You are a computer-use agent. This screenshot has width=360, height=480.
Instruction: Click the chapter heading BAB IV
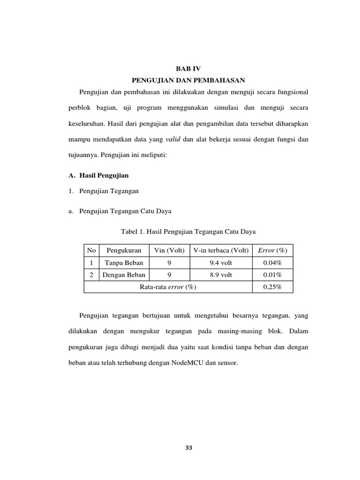[188, 68]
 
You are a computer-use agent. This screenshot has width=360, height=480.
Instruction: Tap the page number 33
[188, 448]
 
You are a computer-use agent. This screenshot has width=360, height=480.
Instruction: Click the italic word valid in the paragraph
[173, 139]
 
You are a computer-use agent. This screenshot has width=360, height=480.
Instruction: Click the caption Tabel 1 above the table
[188, 232]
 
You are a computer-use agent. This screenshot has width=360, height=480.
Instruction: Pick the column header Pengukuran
[124, 250]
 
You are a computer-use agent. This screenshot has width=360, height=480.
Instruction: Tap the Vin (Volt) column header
[169, 250]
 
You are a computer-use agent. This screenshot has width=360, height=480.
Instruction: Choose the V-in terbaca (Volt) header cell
[220, 250]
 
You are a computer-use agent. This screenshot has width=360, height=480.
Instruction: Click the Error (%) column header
[272, 250]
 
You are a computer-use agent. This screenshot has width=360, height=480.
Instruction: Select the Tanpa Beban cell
[124, 262]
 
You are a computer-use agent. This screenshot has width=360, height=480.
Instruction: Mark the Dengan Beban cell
[124, 275]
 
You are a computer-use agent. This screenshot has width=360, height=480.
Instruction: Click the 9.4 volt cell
[220, 262]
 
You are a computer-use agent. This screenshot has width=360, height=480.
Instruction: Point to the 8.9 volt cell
[220, 275]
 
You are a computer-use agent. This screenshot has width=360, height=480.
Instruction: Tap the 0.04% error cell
[272, 262]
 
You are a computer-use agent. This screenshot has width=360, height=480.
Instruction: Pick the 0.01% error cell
[272, 275]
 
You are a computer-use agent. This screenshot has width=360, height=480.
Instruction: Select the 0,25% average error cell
[272, 287]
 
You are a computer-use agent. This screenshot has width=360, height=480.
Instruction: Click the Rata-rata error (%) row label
[168, 287]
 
